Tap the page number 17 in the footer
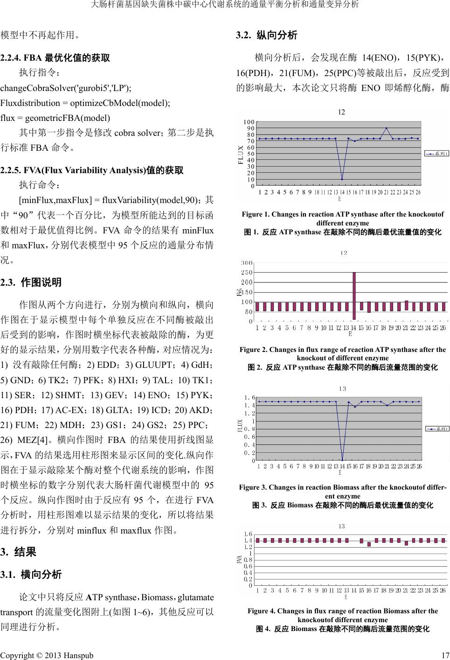[445, 655]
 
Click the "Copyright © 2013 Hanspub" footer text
[47, 655]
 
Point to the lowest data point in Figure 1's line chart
[342, 179]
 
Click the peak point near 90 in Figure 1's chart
[386, 128]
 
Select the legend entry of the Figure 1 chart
[436, 153]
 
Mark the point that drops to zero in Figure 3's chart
[342, 460]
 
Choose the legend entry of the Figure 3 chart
[436, 428]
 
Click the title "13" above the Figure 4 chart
[342, 526]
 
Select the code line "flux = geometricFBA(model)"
[55, 118]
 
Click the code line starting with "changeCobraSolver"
[66, 87]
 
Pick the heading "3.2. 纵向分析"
[267, 35]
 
